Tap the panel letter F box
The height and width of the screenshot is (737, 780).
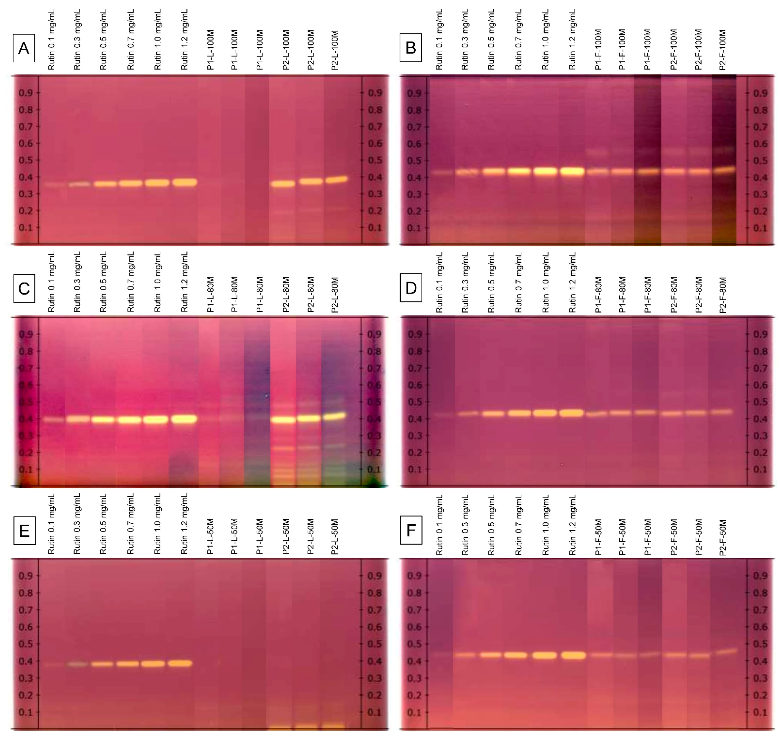click(x=411, y=530)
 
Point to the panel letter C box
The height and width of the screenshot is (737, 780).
click(x=24, y=289)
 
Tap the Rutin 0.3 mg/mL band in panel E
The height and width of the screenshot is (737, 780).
click(x=78, y=664)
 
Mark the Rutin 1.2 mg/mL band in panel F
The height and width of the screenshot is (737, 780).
click(x=572, y=655)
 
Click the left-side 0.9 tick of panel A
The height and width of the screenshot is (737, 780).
click(x=26, y=93)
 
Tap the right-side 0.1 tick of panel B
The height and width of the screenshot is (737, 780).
click(x=760, y=228)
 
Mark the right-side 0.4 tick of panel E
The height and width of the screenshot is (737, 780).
click(x=374, y=661)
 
